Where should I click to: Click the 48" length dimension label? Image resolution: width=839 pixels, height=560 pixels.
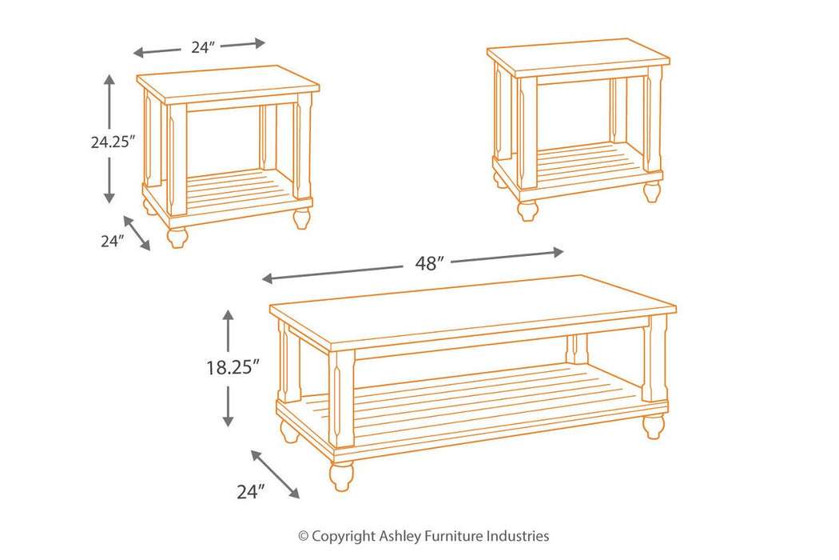pyautogui.click(x=429, y=264)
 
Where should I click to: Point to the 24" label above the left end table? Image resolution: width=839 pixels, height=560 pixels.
pyautogui.click(x=203, y=47)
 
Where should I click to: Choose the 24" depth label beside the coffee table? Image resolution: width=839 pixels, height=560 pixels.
pyautogui.click(x=249, y=492)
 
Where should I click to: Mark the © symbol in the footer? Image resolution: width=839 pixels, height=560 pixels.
pyautogui.click(x=303, y=536)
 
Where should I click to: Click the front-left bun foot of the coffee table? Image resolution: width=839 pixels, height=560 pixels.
pyautogui.click(x=341, y=475)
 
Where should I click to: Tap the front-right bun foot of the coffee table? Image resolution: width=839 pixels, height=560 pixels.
pyautogui.click(x=654, y=426)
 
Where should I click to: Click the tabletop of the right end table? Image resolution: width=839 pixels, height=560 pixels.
pyautogui.click(x=578, y=57)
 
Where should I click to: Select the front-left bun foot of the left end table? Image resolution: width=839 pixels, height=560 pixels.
pyautogui.click(x=177, y=237)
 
